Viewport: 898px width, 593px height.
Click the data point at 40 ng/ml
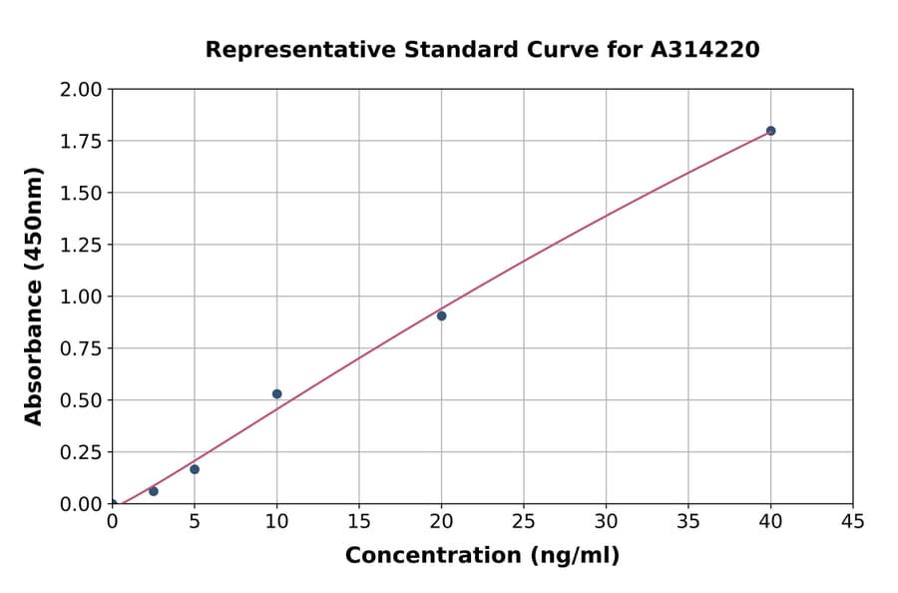[770, 131]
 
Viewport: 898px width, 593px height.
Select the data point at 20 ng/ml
[441, 315]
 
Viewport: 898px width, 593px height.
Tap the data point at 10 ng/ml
[276, 394]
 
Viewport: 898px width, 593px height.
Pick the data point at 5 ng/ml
[195, 469]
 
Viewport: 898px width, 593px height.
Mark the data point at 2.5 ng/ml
[153, 491]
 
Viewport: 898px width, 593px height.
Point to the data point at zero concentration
[112, 504]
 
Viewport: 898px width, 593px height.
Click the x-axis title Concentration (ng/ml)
[482, 556]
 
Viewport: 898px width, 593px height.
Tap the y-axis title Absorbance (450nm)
[34, 296]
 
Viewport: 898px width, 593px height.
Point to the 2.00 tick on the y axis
[83, 90]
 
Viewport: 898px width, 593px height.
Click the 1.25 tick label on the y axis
[83, 245]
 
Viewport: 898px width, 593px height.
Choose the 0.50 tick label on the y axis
[83, 400]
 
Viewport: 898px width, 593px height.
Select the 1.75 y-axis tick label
[83, 141]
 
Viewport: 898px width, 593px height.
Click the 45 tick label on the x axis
[853, 522]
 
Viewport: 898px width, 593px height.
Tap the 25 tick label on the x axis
[524, 522]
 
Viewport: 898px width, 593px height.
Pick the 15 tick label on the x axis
[359, 522]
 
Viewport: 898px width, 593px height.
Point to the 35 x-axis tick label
[688, 522]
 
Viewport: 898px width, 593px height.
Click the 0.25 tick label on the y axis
[83, 452]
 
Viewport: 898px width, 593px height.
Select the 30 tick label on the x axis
[606, 522]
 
